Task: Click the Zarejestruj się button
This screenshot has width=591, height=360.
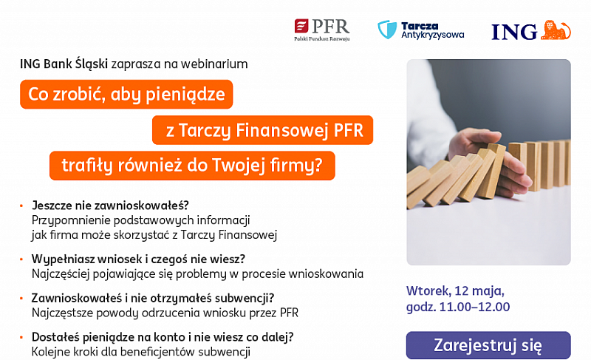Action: tap(488, 345)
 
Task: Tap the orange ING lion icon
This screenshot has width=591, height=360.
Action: tap(556, 30)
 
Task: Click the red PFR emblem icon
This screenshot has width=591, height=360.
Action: tap(301, 27)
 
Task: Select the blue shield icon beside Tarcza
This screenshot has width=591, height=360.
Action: tap(387, 30)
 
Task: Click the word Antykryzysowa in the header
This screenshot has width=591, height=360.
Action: tap(433, 35)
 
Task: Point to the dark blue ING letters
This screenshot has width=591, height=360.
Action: tap(514, 32)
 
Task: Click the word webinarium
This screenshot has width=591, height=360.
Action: tap(214, 64)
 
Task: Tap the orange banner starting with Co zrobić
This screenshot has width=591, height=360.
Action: tap(126, 94)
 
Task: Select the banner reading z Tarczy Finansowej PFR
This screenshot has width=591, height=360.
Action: tap(263, 130)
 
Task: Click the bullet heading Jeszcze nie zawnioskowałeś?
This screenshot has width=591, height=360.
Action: tap(110, 206)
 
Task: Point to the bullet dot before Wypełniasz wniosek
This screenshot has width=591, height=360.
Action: tap(21, 259)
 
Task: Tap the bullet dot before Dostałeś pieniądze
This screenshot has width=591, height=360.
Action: tap(21, 337)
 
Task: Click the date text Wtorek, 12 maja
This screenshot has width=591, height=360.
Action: tap(455, 291)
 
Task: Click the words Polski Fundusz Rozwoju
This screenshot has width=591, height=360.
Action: tap(322, 39)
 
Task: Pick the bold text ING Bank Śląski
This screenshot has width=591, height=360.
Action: tap(64, 64)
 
